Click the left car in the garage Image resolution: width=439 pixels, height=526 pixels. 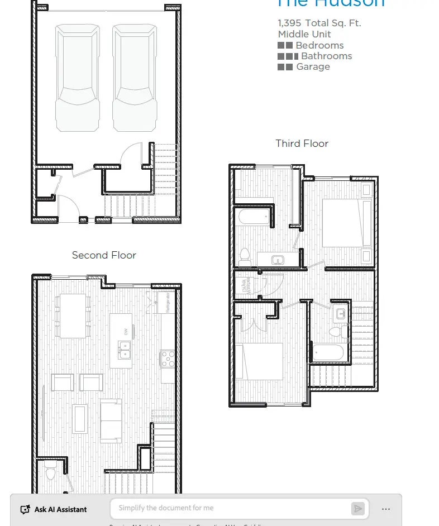pos(78,78)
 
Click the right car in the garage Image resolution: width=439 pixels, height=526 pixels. pos(135,78)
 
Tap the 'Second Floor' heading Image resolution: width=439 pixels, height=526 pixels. pos(104,255)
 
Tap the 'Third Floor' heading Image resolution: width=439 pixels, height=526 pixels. pos(302,144)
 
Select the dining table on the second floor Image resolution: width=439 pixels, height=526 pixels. pos(73,315)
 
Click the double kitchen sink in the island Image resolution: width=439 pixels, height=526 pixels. pos(125,350)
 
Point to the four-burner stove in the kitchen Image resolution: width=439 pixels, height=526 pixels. pos(168,358)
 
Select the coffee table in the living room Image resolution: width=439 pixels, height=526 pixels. pos(80,418)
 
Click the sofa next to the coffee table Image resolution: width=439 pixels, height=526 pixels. pos(111,420)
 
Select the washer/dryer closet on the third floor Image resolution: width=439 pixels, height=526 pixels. pos(246,286)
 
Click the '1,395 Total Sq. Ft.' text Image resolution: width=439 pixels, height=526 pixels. pos(319,23)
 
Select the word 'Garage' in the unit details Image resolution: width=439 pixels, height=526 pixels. pos(313,66)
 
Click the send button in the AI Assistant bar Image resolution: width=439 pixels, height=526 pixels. pos(357,508)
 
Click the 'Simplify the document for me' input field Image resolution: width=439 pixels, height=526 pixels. pos(229,508)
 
